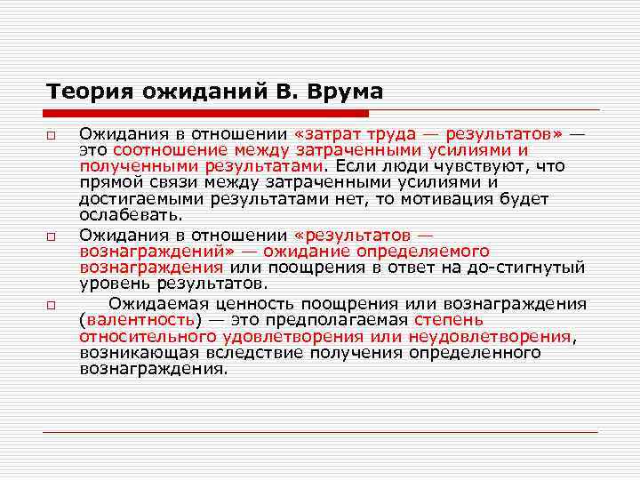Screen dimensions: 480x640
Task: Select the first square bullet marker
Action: [53, 135]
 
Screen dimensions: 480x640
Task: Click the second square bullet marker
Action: [53, 237]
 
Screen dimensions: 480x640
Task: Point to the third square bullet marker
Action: [53, 306]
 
